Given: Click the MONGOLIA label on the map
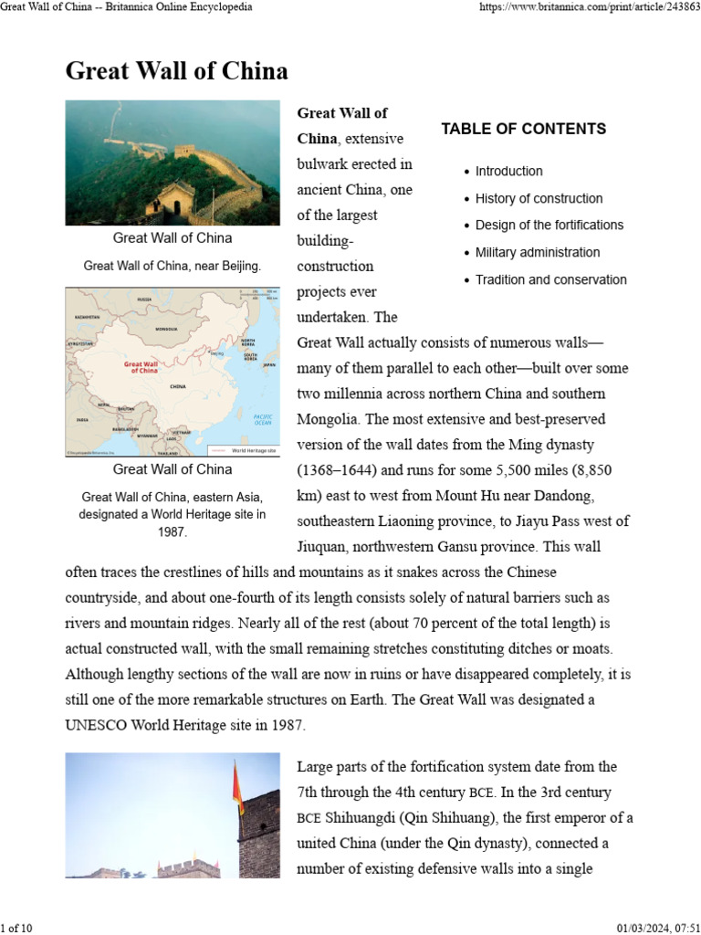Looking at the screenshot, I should tap(166, 329).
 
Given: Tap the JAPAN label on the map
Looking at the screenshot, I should tap(267, 364).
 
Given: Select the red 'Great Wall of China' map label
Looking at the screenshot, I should tap(141, 367).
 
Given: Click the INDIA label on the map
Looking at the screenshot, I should tap(83, 420).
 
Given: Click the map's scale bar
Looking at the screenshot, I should tap(259, 295).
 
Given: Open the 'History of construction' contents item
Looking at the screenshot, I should tap(539, 198).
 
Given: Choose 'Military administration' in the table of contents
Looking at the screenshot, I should tap(538, 252).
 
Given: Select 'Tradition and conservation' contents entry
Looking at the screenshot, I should tap(550, 279).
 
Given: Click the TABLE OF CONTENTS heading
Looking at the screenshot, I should tap(523, 129).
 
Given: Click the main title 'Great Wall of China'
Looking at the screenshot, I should tap(176, 71).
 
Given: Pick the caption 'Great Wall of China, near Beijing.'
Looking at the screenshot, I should tap(173, 266).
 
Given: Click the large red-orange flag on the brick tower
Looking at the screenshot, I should tap(238, 791).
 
